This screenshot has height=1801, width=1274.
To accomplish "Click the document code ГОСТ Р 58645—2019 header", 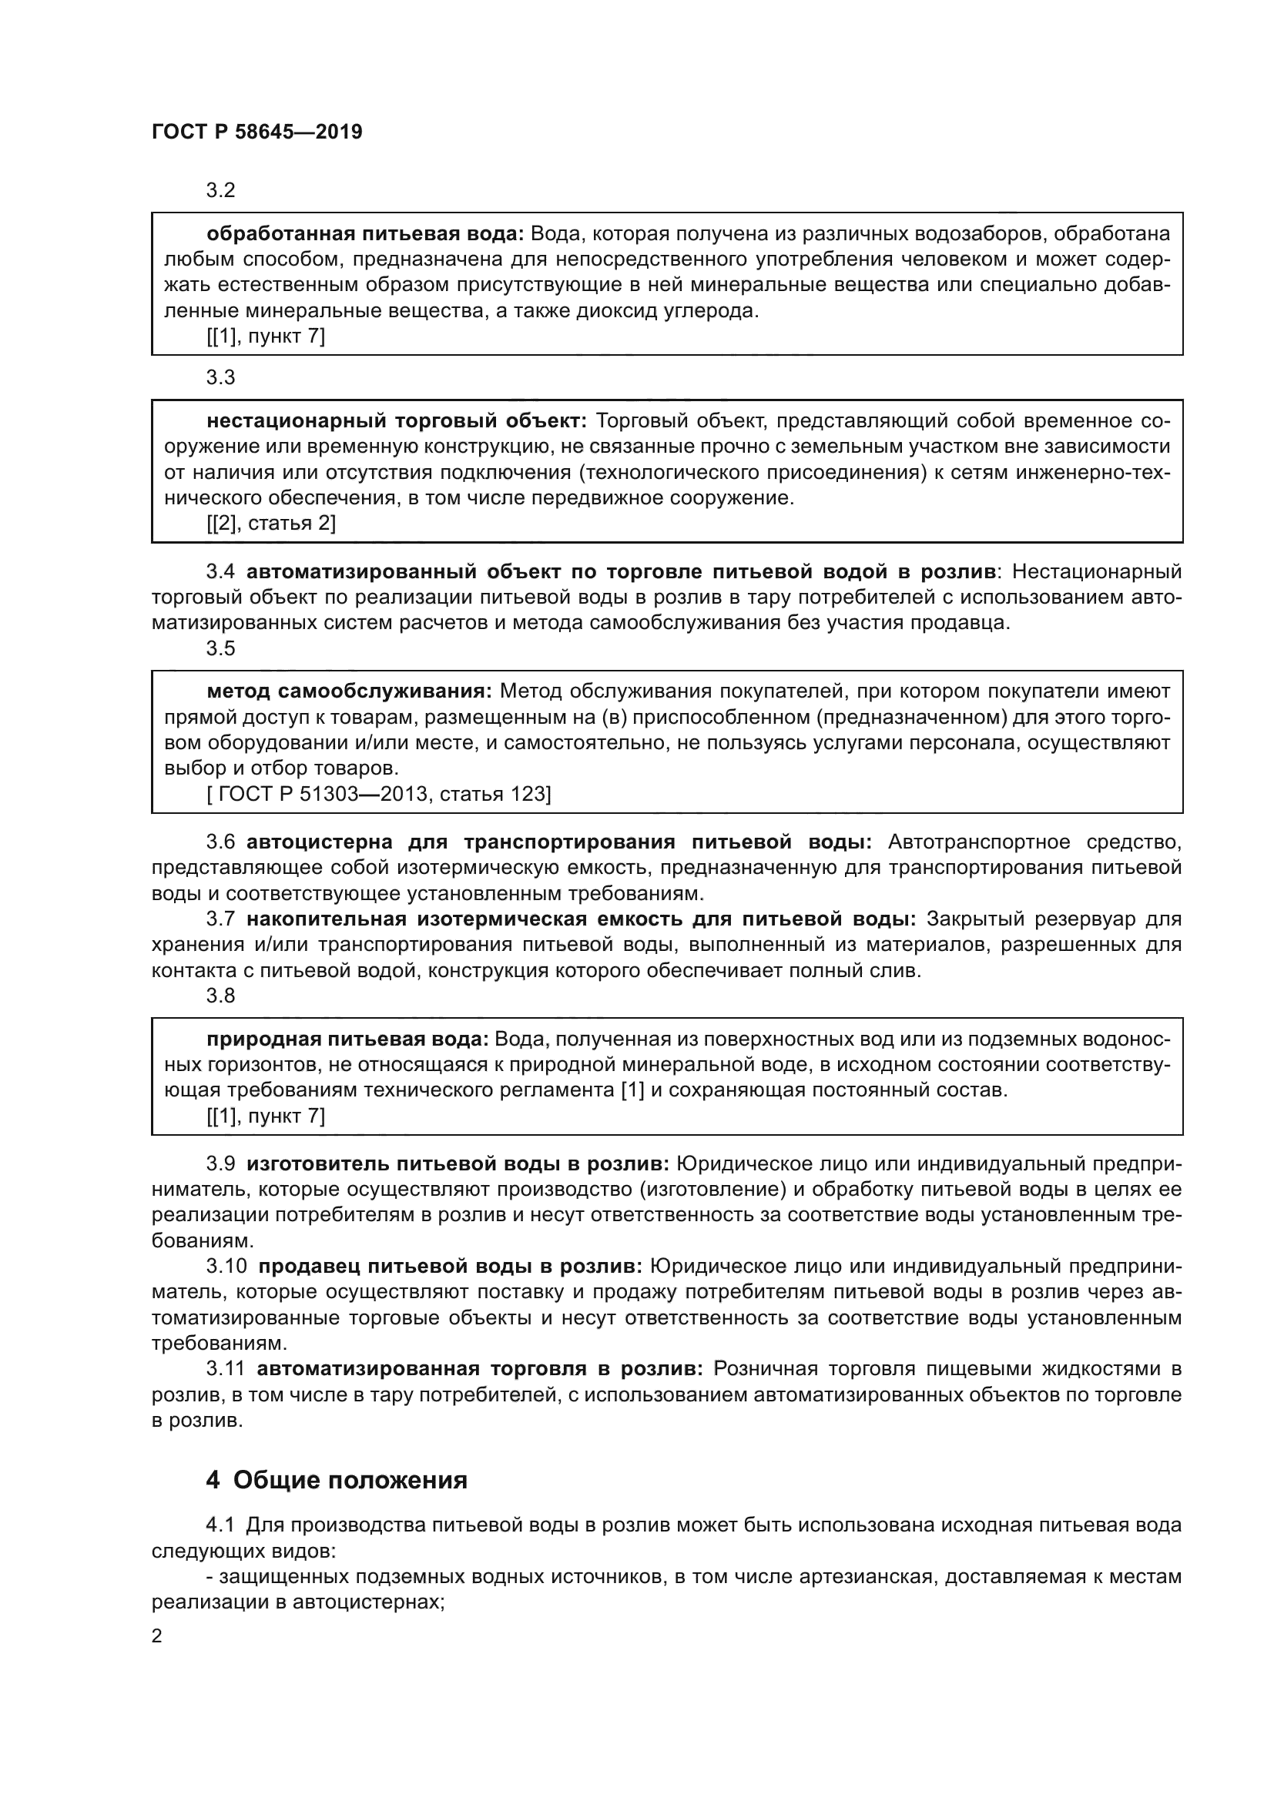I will tap(256, 132).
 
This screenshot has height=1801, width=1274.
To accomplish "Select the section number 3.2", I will tap(220, 190).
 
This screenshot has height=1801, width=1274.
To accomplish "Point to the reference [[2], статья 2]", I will tap(270, 523).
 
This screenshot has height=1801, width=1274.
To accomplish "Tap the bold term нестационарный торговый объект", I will tap(396, 421).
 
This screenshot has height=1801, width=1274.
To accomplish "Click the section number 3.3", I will tap(220, 377).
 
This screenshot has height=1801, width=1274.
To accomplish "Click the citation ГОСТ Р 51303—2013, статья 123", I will tap(379, 794).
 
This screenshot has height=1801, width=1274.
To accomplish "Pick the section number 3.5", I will tap(220, 648).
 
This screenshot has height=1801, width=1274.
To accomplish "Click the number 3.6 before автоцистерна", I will tap(220, 842).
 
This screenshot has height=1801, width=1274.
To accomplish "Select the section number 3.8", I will tap(220, 996).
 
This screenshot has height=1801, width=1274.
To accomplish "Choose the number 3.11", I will tap(226, 1369).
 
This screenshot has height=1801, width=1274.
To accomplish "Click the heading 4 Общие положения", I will tap(337, 1480).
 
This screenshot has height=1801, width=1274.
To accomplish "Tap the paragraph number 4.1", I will tap(220, 1525).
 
